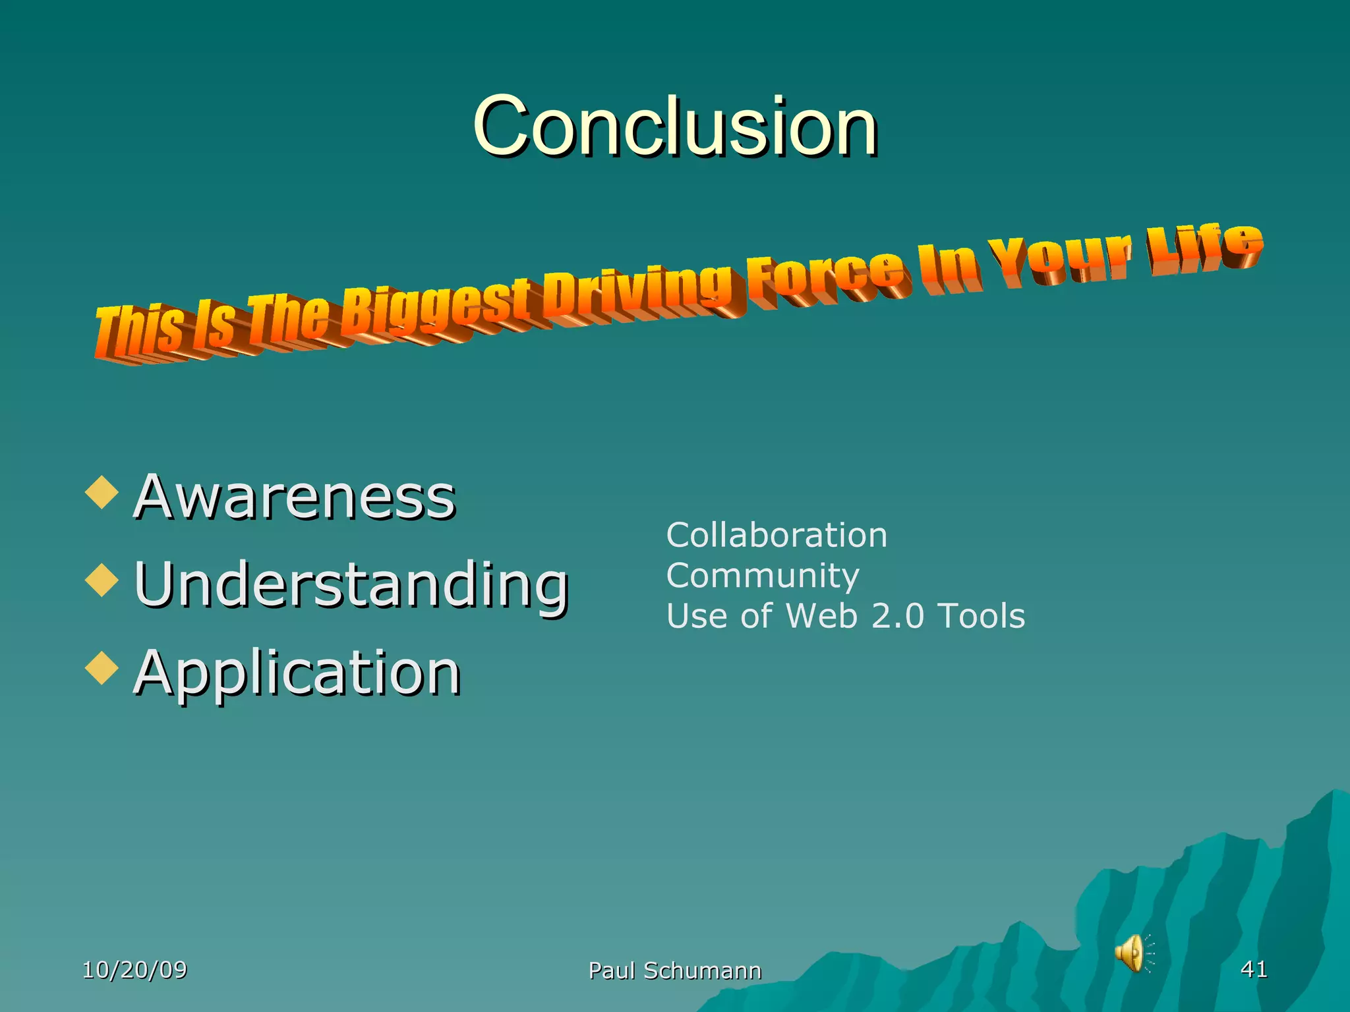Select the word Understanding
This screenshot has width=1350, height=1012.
click(x=351, y=584)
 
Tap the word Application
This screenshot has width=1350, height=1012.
click(x=297, y=673)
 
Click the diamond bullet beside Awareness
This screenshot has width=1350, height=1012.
click(x=102, y=493)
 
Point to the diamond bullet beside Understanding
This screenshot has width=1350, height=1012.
click(x=102, y=580)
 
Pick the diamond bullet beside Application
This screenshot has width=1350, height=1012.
click(x=102, y=668)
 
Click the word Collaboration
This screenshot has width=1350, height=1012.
click(x=777, y=535)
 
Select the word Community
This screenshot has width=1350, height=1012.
click(x=763, y=576)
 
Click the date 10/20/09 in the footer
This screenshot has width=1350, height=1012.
click(x=134, y=969)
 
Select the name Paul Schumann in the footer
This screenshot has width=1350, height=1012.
click(x=674, y=970)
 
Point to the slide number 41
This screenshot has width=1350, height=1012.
click(x=1254, y=969)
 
